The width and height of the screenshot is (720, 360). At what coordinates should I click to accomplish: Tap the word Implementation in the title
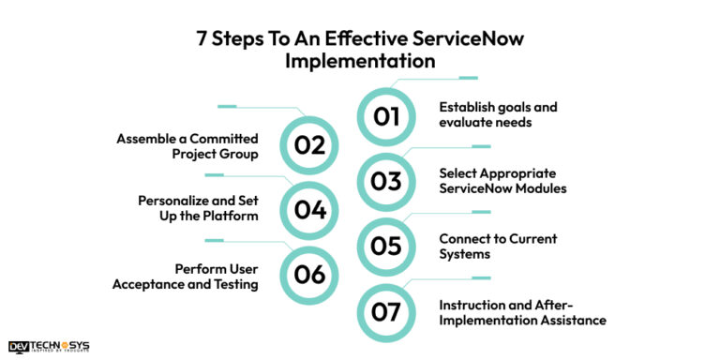360,61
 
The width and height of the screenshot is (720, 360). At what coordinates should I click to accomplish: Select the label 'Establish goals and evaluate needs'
498,114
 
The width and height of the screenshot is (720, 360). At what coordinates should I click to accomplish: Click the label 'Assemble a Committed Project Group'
187,146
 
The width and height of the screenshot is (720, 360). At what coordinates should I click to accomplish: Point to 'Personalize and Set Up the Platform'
198,209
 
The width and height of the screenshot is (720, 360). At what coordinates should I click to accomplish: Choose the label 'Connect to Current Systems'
498,246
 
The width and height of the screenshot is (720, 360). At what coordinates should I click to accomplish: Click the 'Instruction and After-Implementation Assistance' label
522,311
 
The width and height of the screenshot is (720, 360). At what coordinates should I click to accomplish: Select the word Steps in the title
236,39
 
